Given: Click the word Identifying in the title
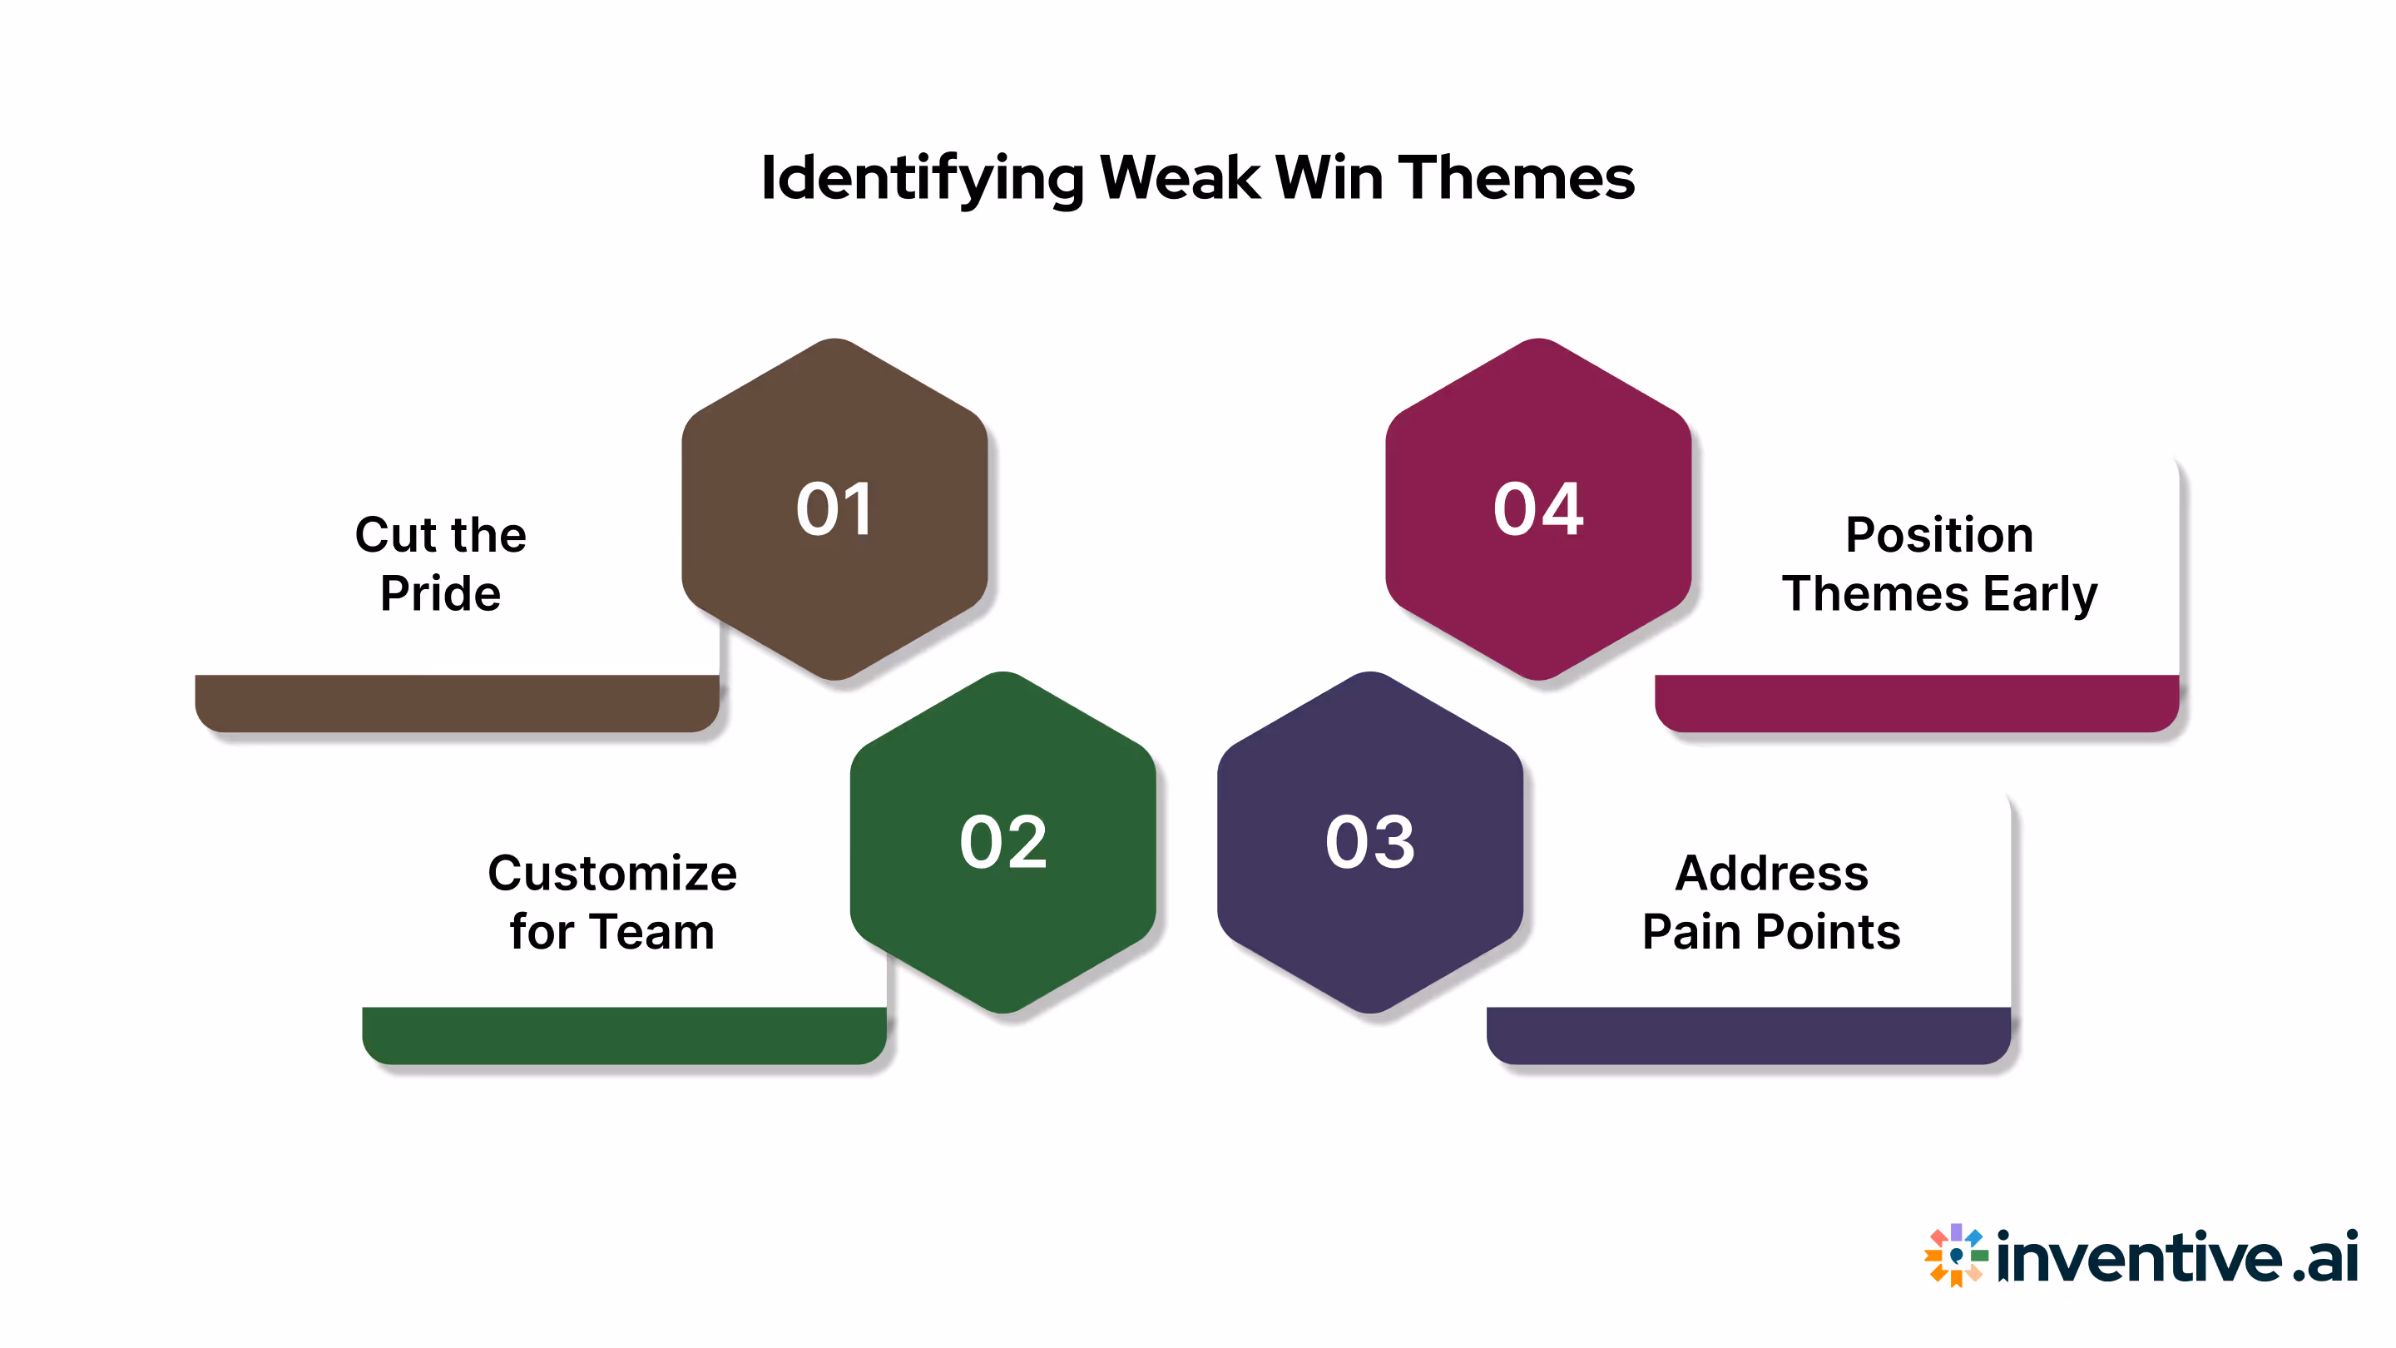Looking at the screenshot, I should coord(922,178).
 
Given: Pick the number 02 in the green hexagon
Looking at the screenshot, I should coord(1002,842).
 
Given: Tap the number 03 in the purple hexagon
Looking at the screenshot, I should coord(1370,842).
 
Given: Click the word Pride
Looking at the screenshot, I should coord(440,593).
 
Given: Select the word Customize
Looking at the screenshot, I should coord(612,873).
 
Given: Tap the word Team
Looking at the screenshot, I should coord(651,931).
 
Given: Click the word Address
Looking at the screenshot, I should coord(1771,873).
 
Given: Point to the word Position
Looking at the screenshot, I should coord(1938,535).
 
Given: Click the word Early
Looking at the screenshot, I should coord(2040,593).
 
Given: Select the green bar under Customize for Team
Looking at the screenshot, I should coord(623,1034).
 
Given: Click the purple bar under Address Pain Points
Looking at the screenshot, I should coord(1748,1034).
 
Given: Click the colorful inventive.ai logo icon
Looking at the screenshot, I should coord(1955,1255).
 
